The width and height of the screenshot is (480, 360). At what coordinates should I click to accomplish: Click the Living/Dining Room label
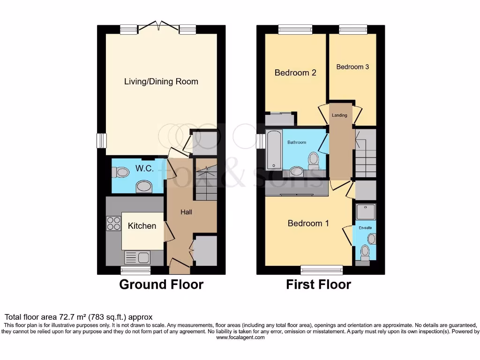coord(161,82)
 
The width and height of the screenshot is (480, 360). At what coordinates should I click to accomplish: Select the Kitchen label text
coord(142,226)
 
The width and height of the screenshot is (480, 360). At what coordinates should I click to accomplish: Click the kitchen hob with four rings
coord(113,223)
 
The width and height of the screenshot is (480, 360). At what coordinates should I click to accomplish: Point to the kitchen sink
coord(137,257)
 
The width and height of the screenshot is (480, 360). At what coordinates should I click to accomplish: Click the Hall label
coord(187,212)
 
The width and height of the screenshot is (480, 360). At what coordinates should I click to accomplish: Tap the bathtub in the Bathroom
coord(273,150)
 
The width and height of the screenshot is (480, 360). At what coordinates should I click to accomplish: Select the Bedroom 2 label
coord(295,73)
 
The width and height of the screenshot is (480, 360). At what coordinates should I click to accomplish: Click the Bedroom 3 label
coord(352,67)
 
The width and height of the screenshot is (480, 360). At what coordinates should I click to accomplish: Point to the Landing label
coord(339,115)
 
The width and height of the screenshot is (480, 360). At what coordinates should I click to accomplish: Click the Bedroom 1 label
coord(308,223)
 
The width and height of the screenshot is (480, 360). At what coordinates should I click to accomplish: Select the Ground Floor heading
coord(161,285)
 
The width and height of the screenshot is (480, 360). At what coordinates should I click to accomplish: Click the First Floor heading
coord(319,285)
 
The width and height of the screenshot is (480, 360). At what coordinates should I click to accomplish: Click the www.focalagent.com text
coord(240,337)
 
